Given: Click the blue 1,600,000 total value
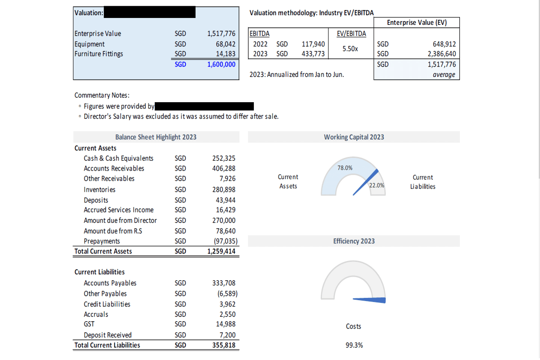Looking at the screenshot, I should coord(221,64).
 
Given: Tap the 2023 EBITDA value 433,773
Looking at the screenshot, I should coord(313,54).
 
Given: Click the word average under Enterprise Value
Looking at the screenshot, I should coord(444,75).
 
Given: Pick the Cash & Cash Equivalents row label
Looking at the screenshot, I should coord(118,158).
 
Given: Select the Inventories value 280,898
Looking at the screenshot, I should coord(224,189).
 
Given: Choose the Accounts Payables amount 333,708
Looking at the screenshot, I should coord(224,283).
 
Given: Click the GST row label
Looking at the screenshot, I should coord(89,324).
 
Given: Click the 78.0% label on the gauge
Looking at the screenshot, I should coord(345,168).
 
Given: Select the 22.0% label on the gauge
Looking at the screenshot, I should coord(376,185).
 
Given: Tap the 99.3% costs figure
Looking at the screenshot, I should coord(354,345).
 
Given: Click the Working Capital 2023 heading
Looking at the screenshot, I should coord(354,137).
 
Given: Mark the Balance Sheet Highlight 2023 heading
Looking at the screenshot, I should coord(156,137).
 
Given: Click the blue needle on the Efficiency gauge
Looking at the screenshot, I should coord(370,300).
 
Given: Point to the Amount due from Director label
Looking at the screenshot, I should coord(120,220).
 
